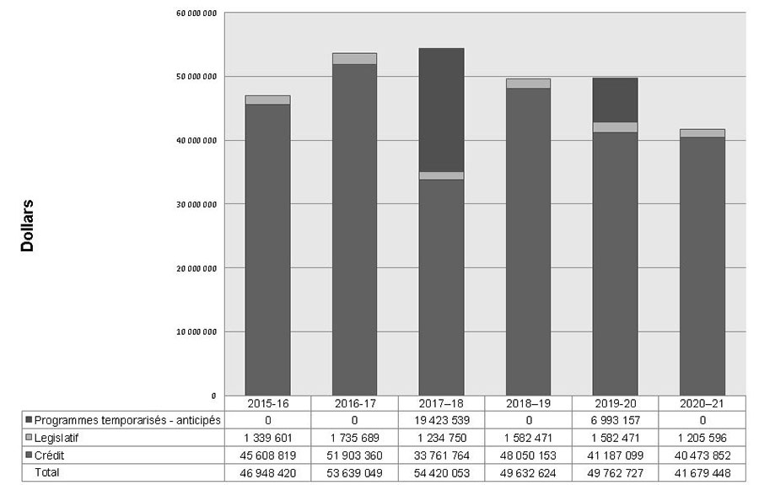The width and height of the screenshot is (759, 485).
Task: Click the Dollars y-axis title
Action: [27, 226]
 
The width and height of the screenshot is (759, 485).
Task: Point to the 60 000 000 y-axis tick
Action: [199, 13]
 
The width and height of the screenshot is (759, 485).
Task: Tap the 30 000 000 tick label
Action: [199, 204]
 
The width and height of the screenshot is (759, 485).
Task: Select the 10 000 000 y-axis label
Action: [199, 331]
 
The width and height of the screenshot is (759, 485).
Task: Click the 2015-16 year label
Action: [267, 404]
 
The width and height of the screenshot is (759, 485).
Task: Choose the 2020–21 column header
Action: [702, 404]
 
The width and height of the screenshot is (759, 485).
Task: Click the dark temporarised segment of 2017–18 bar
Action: [441, 110]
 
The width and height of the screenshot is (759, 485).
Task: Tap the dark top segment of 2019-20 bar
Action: [615, 100]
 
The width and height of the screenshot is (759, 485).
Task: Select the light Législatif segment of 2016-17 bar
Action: [354, 59]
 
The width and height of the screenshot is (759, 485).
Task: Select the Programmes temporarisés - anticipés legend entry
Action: [126, 420]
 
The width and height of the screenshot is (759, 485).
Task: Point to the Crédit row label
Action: [50, 455]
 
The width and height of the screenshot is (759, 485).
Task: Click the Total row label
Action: [46, 472]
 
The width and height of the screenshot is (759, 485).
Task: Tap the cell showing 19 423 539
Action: [441, 420]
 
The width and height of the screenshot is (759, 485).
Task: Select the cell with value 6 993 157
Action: [615, 420]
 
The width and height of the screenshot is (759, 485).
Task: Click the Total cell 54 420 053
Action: [441, 472]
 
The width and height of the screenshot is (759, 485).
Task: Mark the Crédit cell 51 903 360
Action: [354, 455]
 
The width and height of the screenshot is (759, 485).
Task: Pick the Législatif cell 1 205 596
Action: [702, 438]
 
